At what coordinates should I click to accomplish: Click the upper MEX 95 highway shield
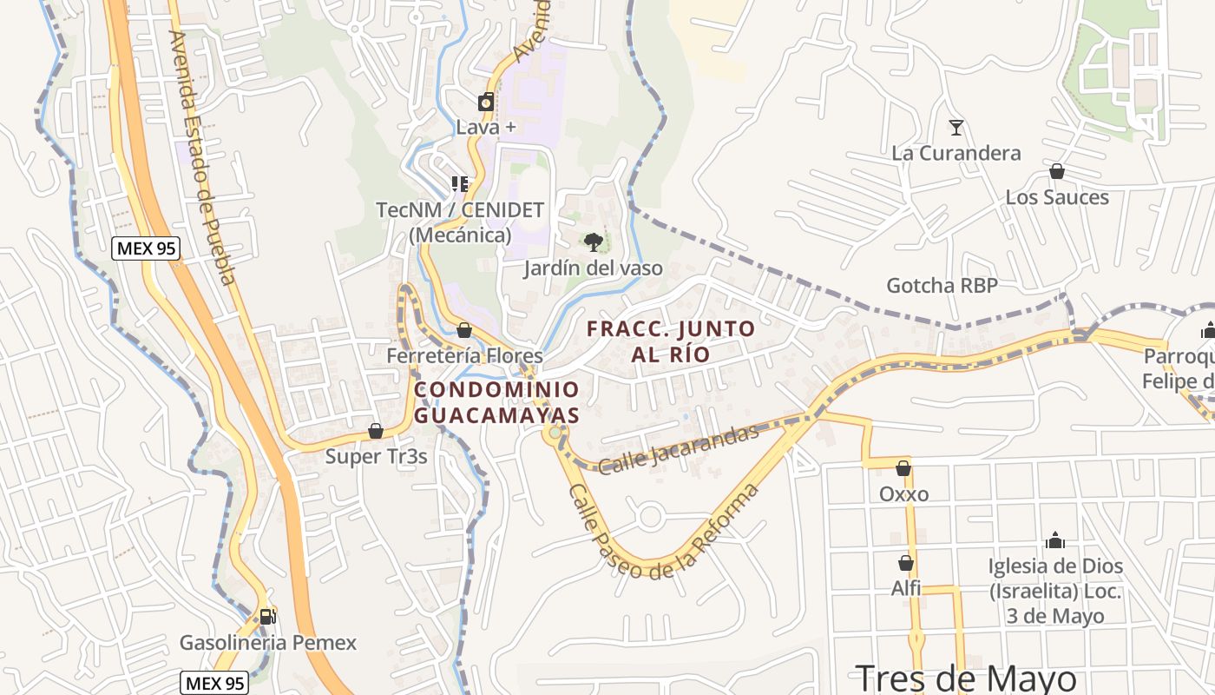[146, 248]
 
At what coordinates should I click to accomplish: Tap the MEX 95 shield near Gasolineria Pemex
[214, 683]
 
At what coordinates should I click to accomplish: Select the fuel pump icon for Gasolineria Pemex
[267, 617]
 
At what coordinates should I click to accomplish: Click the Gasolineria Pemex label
[267, 643]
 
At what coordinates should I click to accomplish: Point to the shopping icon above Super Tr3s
[376, 431]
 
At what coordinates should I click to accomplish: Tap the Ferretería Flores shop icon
[464, 330]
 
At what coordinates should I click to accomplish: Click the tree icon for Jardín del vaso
[594, 242]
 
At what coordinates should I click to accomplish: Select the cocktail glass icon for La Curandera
[956, 128]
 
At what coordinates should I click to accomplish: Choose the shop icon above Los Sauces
[1057, 172]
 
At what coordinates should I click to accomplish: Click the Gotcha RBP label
[942, 285]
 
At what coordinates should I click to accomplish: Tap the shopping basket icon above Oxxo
[903, 468]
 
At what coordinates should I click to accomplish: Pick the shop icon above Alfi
[906, 563]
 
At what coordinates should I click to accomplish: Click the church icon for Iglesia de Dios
[1055, 540]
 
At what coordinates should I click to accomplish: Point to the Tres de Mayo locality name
[966, 678]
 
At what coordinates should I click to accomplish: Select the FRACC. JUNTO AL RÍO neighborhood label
[671, 341]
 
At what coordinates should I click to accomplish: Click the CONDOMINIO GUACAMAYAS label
[496, 402]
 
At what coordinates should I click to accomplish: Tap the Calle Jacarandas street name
[679, 448]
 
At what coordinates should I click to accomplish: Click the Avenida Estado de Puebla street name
[202, 157]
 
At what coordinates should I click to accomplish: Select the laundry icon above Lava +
[486, 103]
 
